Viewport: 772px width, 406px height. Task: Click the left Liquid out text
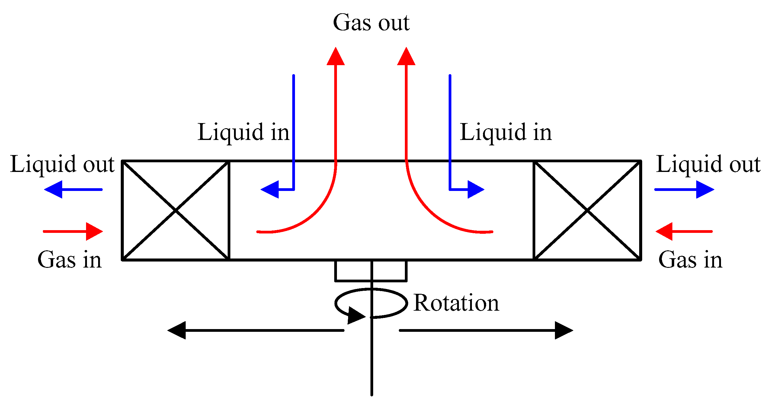(x=62, y=164)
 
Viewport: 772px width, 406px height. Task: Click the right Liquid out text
(x=708, y=164)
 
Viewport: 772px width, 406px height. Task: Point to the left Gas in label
(x=69, y=260)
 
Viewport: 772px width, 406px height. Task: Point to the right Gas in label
(x=690, y=260)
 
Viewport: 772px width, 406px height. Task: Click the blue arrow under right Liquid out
(x=684, y=189)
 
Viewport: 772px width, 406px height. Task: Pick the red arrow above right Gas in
(x=684, y=231)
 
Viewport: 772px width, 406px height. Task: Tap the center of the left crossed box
(x=175, y=210)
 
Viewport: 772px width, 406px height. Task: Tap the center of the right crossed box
(x=587, y=210)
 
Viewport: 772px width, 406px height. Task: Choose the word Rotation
(x=456, y=303)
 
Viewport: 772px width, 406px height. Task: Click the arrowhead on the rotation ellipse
(x=356, y=316)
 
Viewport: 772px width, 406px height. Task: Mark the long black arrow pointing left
(x=255, y=330)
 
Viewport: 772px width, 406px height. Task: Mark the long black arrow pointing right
(x=486, y=330)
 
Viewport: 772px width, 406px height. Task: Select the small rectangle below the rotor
(x=371, y=271)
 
